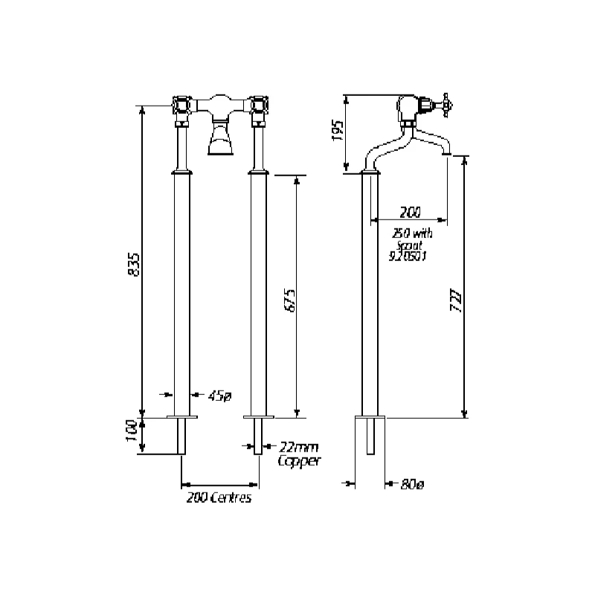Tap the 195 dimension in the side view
337,131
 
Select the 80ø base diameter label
411,484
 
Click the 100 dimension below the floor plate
132,435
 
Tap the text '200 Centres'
219,498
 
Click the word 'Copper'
297,461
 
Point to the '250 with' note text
412,233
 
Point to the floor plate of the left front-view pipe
181,417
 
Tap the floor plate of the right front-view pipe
258,417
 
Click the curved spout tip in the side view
446,151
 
